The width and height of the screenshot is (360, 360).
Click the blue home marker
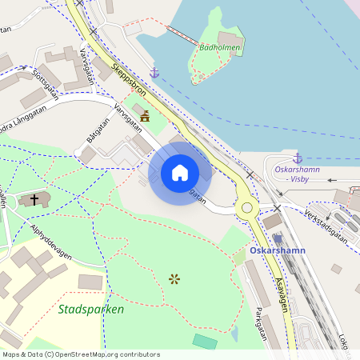pos(180,172)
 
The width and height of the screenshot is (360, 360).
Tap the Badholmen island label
pos(218,46)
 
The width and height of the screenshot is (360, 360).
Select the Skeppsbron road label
pos(128,78)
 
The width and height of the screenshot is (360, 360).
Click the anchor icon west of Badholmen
pos(155,73)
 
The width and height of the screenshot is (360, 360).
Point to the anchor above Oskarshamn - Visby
pos(298,158)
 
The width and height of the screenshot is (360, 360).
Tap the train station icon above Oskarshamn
pos(278,238)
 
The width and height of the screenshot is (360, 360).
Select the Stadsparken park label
pos(90,309)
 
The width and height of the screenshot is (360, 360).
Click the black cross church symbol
pos(34,198)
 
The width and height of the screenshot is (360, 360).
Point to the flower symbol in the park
pos(174,278)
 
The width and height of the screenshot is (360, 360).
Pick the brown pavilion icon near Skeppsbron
pos(145,117)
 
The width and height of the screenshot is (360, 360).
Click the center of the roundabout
pos(246,209)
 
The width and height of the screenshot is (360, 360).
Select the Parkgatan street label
pos(260,324)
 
